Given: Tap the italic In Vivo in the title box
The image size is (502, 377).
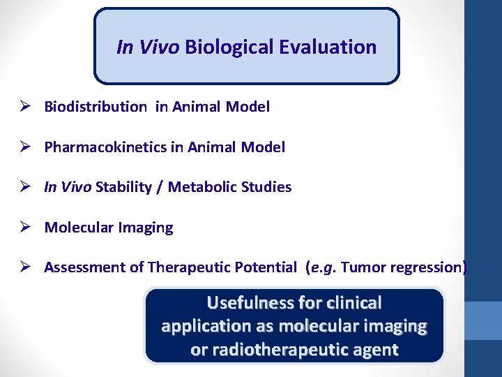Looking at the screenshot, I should coord(149,47).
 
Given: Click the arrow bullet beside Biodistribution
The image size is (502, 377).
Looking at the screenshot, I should coord(24,107).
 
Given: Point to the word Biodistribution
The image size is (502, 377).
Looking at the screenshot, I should coord(96,107).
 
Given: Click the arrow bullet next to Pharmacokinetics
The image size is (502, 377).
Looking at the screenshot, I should coord(24,147).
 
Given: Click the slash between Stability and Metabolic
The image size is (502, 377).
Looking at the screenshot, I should coord(161,187).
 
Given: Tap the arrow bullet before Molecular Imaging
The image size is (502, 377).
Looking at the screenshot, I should coord(24,228).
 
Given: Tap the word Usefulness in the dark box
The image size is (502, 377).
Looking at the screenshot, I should coord(250,303).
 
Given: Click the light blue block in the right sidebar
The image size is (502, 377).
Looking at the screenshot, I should coord(483,320).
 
